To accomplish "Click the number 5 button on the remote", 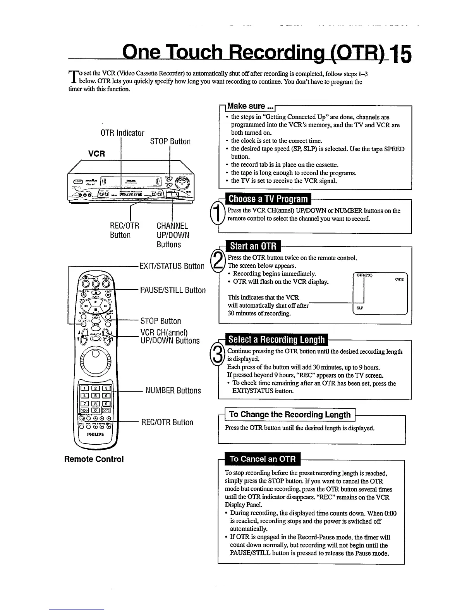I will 95,395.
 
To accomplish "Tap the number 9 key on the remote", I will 106,403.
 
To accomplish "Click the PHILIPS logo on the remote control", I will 95,434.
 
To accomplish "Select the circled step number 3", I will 218,355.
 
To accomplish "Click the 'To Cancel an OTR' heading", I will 263,459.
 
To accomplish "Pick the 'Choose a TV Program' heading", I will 268,199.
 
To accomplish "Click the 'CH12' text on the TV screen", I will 399,279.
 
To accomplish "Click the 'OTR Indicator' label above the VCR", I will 122,133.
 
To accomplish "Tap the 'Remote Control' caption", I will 94,459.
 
